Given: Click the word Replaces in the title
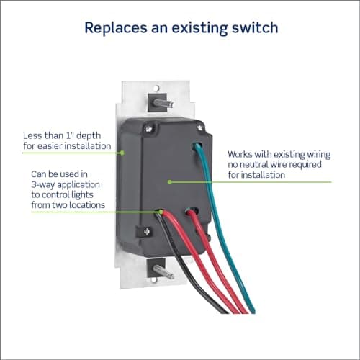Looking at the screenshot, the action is click(x=116, y=27).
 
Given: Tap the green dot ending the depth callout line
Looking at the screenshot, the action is click(x=122, y=153).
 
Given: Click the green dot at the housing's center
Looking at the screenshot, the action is click(x=170, y=182).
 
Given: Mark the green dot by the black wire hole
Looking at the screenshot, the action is click(x=161, y=212).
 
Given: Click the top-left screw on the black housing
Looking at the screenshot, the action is click(x=149, y=129).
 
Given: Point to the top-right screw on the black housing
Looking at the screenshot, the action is click(x=199, y=127).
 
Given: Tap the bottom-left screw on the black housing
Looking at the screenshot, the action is click(x=147, y=232).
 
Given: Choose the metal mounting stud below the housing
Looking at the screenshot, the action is click(x=163, y=272).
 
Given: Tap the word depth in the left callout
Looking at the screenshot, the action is click(x=89, y=136).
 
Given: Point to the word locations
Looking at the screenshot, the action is click(x=86, y=205).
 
